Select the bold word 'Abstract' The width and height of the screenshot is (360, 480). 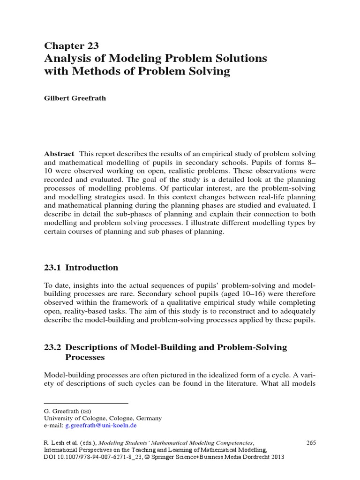pos(59,154)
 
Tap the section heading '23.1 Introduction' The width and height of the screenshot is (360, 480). pos(81,268)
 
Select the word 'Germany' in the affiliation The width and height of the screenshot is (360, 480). pos(149,418)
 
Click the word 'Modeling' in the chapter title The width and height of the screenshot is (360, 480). pos(132,59)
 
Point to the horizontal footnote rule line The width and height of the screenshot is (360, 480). pos(86,403)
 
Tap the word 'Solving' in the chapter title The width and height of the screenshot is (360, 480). pos(208,72)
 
